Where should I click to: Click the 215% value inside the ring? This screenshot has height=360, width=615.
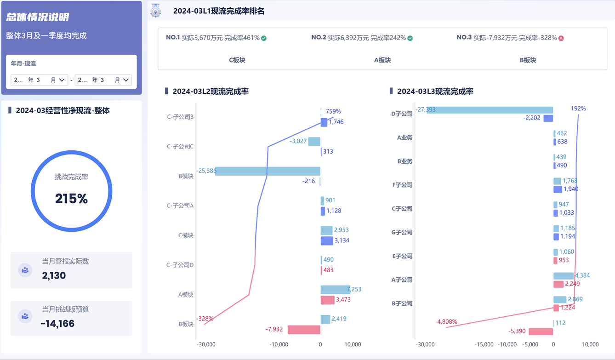[71, 199]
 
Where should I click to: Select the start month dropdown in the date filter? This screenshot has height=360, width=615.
[39, 80]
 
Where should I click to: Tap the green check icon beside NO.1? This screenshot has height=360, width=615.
[264, 38]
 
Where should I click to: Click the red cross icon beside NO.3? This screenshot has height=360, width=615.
[561, 38]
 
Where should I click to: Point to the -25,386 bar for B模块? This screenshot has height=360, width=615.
[268, 171]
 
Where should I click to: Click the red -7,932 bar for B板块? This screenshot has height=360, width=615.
[304, 329]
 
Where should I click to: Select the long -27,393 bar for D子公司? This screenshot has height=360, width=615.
[490, 110]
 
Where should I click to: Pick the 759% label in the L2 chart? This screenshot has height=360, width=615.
[333, 111]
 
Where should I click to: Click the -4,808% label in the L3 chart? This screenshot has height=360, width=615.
[446, 322]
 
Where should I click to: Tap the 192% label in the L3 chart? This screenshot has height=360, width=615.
[578, 109]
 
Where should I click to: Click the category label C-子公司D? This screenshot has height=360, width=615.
[180, 265]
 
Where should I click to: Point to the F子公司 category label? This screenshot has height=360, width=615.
[402, 185]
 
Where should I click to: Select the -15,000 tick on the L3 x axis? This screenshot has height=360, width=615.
[484, 344]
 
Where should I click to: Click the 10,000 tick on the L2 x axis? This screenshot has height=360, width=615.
[353, 344]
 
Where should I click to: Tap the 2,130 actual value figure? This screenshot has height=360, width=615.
[54, 275]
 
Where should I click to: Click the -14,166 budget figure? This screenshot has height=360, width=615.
[57, 324]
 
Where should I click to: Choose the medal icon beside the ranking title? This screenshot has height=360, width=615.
[156, 11]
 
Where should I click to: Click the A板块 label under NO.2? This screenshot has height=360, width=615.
[382, 60]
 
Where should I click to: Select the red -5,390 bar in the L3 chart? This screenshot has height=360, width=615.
[541, 331]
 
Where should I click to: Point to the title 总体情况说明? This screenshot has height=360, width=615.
[38, 17]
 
